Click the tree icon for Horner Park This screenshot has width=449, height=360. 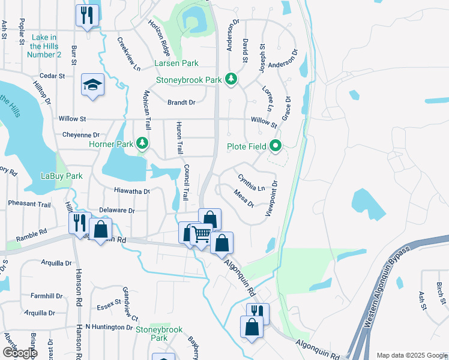[142, 143]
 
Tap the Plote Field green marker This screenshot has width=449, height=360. [276, 146]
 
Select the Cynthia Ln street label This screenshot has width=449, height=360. [252, 183]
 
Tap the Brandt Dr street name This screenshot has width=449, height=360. [181, 103]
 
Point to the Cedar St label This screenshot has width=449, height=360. [52, 76]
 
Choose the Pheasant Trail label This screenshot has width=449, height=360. [29, 204]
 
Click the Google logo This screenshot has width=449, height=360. [19, 352]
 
